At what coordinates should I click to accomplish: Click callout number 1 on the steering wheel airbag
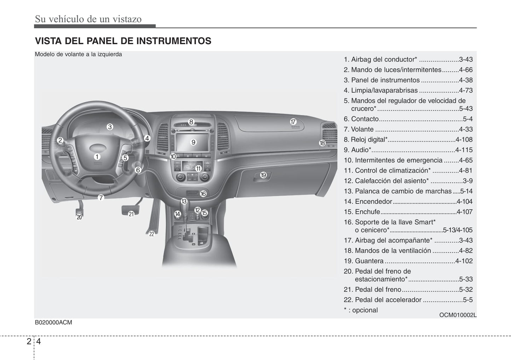(x=97, y=157)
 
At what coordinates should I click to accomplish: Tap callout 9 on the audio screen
(x=193, y=142)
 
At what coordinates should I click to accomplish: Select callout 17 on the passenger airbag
(x=293, y=122)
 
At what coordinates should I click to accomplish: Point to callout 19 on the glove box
(x=263, y=175)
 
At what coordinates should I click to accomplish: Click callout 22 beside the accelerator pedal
(x=151, y=234)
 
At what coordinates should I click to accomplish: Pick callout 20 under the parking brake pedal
(x=79, y=217)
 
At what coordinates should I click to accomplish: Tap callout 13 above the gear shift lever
(x=184, y=201)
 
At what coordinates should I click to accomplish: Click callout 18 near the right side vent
(x=322, y=143)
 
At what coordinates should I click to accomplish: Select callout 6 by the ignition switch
(x=138, y=170)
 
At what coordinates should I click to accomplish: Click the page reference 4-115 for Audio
(x=464, y=150)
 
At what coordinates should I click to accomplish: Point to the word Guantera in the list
(x=369, y=261)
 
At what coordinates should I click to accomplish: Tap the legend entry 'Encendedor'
(x=373, y=201)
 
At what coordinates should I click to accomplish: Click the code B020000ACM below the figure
(x=53, y=323)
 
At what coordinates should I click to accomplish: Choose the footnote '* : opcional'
(x=361, y=310)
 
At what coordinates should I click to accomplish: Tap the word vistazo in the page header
(x=127, y=19)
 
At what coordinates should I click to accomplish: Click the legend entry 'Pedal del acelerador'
(x=388, y=300)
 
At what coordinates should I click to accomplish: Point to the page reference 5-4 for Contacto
(x=468, y=119)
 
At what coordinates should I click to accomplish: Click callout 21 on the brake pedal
(x=131, y=214)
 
